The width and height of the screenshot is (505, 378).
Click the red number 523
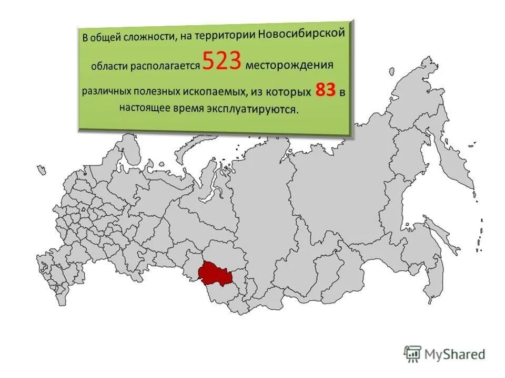221,62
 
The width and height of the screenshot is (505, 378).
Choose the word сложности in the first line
146,37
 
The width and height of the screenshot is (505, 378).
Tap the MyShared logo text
455,354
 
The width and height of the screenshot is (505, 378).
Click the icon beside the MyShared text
412,354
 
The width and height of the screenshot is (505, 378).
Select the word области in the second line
107,67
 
